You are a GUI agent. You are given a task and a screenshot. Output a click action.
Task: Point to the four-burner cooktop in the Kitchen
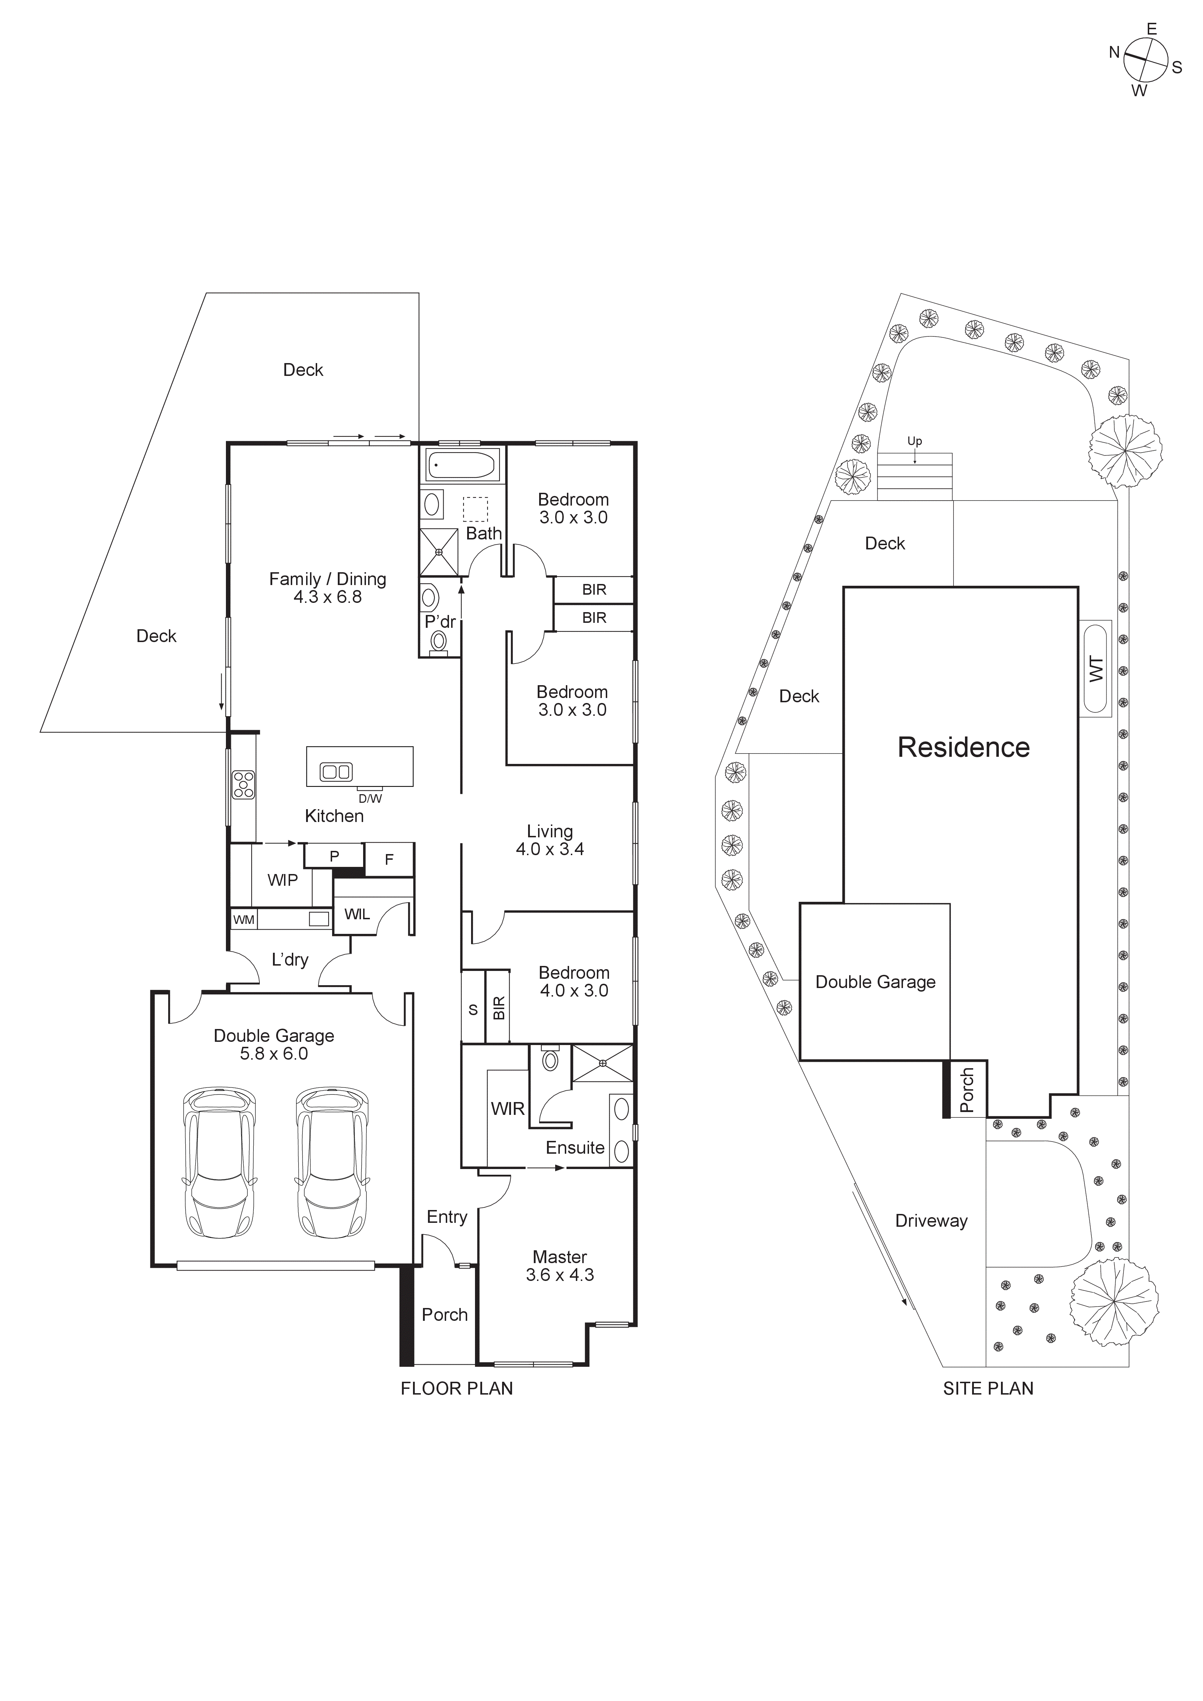click(x=244, y=785)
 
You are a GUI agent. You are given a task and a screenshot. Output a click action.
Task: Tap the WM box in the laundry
click(x=244, y=919)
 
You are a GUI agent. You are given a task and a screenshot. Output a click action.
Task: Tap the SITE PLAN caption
click(x=987, y=1389)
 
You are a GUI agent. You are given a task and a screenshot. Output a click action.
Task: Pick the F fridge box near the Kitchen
click(x=389, y=860)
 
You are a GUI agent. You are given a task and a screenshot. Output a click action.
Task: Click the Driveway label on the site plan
click(x=931, y=1221)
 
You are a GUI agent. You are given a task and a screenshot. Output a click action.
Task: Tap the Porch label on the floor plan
click(x=444, y=1314)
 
